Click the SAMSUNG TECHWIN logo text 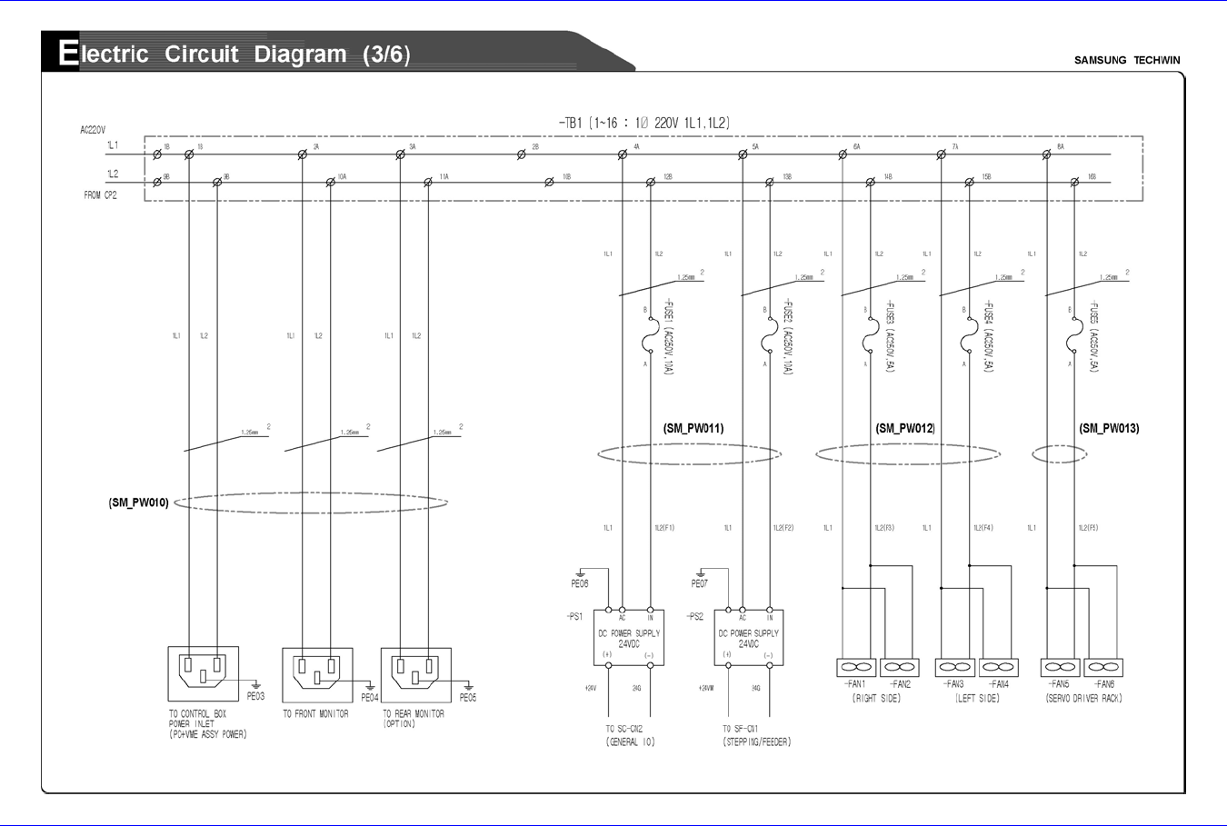pos(1127,60)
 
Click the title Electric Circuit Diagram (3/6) pos(234,54)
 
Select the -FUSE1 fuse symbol pos(650,342)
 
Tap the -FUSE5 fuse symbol pos(1074,342)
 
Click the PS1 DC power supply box pos(628,638)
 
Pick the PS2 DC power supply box pos(748,638)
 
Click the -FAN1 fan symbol pos(854,667)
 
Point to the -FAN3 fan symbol pos(954,667)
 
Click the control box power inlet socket pos(204,672)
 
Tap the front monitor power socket pos(317,673)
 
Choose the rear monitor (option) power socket pos(415,673)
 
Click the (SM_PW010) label pos(138,503)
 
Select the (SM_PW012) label pos(905,428)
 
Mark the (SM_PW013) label pos(1109,428)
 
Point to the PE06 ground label pos(580,584)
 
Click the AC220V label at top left pos(93,130)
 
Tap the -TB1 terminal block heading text pos(644,123)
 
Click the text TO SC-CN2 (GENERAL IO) pos(630,735)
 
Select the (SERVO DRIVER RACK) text pos(1083,698)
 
